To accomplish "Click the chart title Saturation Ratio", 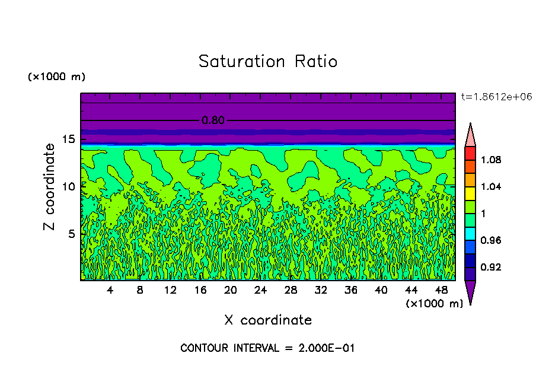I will click(267, 62).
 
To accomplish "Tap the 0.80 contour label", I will click(213, 120).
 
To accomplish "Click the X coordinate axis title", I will click(268, 320).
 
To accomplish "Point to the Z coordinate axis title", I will click(50, 187).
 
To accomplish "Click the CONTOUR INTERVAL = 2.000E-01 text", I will click(267, 348).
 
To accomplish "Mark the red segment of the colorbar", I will click(470, 153).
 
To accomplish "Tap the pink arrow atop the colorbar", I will click(470, 136).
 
